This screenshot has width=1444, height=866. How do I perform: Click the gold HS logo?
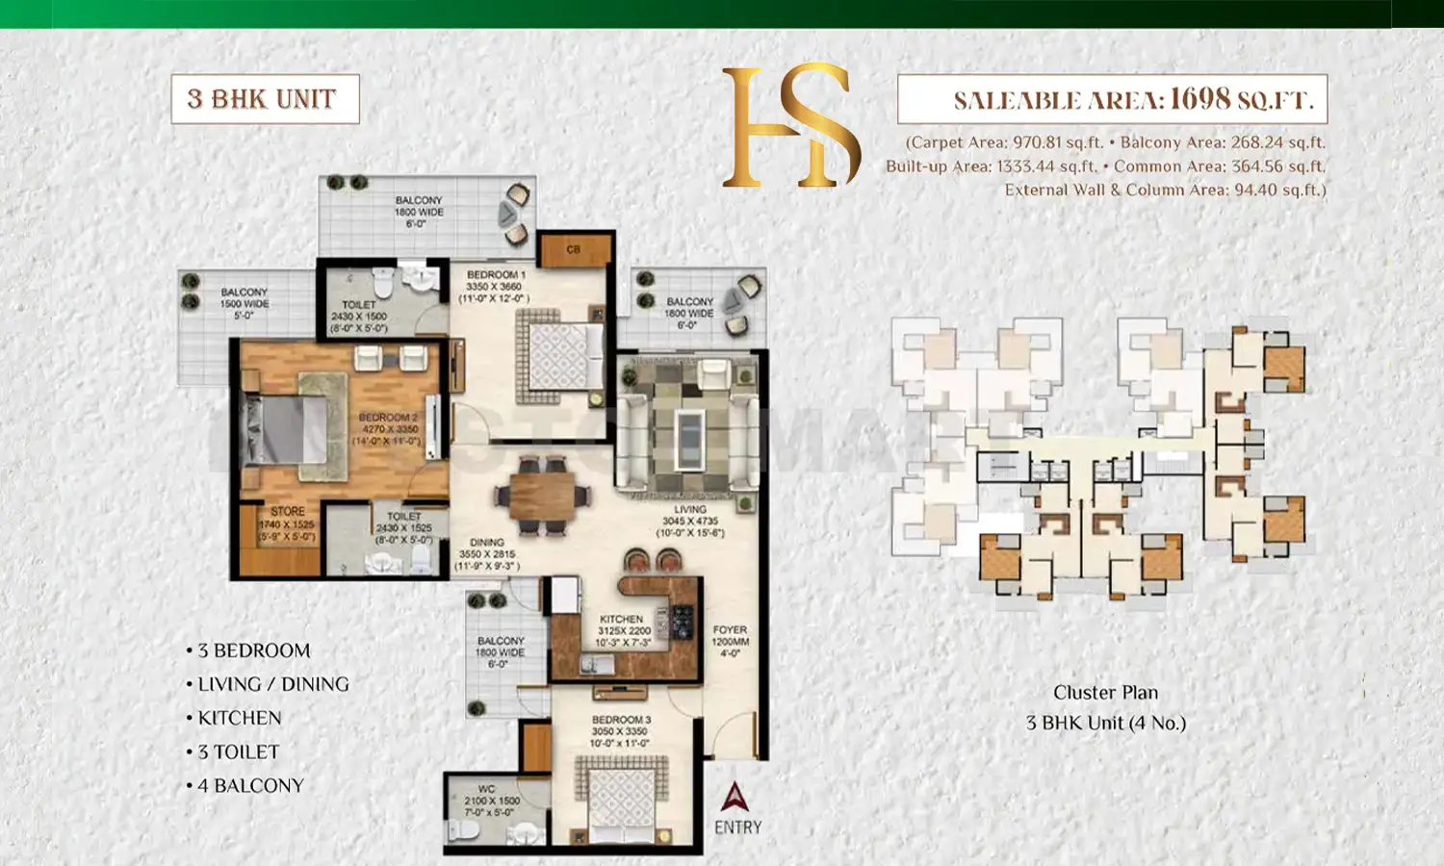click(x=791, y=126)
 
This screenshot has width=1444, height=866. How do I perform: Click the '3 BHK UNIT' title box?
click(x=265, y=99)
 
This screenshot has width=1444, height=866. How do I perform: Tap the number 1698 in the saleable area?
click(x=1199, y=99)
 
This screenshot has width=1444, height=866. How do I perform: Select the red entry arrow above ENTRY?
click(x=735, y=797)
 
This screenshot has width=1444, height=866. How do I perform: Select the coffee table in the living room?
click(x=688, y=439)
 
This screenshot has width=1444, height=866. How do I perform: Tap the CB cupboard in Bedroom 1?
click(x=574, y=250)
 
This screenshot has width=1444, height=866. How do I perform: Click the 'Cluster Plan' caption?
click(x=1105, y=693)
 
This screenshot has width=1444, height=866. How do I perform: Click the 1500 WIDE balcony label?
click(x=245, y=303)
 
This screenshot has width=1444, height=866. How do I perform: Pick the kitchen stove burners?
click(x=682, y=623)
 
